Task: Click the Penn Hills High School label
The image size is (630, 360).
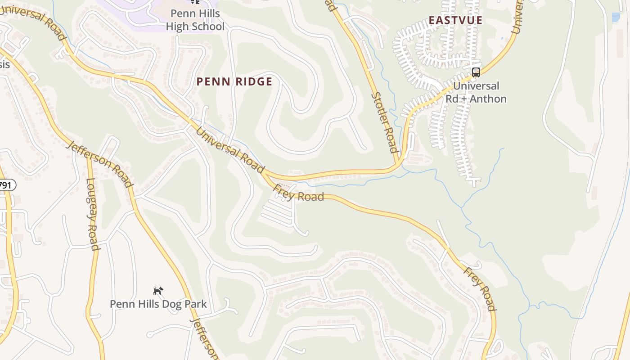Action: (x=195, y=20)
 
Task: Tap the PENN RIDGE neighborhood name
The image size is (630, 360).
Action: (x=234, y=81)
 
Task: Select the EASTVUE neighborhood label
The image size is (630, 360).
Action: (x=455, y=20)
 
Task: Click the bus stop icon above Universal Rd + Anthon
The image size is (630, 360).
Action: (x=476, y=72)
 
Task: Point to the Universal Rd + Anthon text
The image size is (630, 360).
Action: (x=476, y=92)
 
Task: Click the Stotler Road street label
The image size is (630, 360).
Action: (x=385, y=122)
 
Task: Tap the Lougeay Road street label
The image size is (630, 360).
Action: (x=92, y=214)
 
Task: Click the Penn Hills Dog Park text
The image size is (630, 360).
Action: (x=158, y=304)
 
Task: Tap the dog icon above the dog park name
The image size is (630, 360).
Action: (x=158, y=291)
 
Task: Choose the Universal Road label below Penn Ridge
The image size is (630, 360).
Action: (x=230, y=150)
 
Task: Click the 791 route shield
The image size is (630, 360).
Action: (x=6, y=185)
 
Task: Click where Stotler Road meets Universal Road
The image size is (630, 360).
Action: (x=398, y=165)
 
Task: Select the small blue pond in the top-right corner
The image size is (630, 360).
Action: (x=616, y=18)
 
